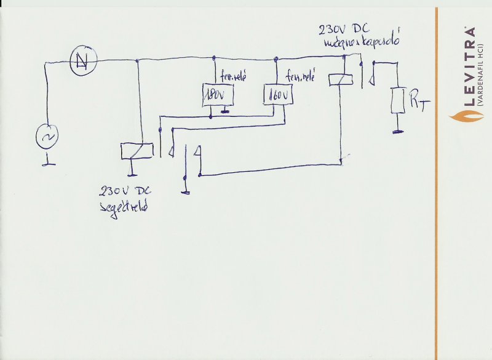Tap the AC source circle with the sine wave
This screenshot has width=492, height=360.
tap(47, 136)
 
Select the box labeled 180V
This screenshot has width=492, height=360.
tap(215, 95)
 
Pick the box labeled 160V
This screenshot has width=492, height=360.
tap(278, 95)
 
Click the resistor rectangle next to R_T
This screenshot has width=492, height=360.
tap(398, 101)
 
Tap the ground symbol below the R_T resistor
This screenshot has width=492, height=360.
tap(398, 130)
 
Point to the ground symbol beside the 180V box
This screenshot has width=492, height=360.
tap(226, 111)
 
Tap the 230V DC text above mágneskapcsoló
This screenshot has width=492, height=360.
tap(345, 29)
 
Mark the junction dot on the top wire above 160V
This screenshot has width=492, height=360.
tap(277, 60)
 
